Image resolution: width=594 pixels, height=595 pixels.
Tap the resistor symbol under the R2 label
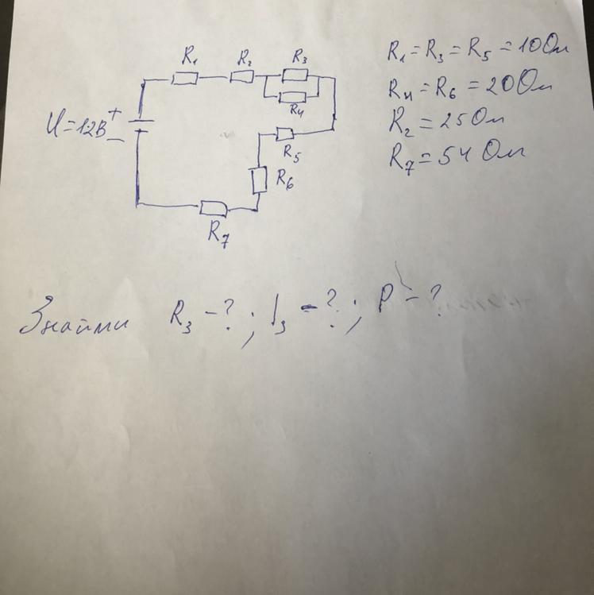[241, 77]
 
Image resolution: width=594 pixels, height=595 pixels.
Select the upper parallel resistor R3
[295, 75]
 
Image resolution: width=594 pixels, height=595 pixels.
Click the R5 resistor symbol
[286, 133]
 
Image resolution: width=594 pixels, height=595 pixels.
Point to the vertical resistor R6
[258, 181]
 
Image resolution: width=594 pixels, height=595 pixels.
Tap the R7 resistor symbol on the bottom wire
[214, 208]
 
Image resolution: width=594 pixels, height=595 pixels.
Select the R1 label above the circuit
[190, 56]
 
